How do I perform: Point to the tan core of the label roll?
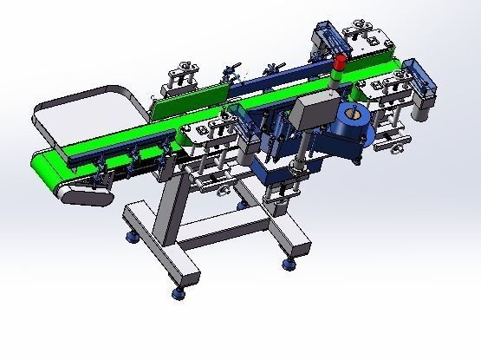(352, 111)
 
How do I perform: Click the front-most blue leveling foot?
(178, 291)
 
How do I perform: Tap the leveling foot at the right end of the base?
(288, 263)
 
